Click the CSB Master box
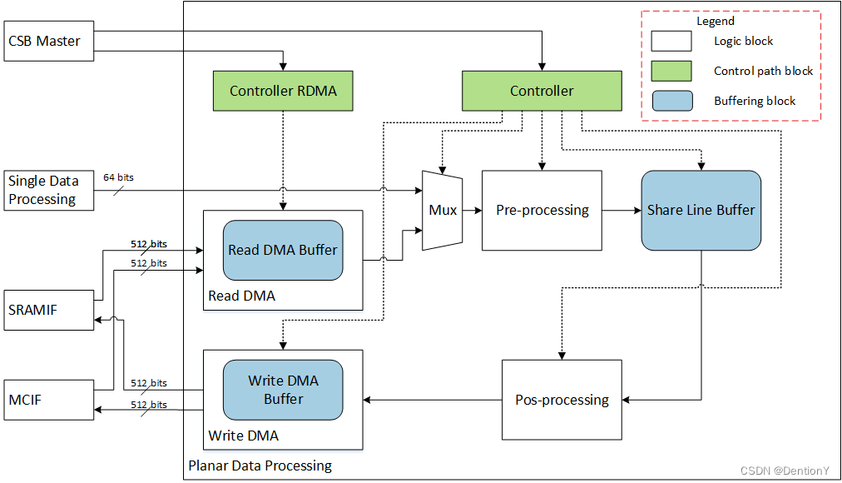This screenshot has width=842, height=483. tap(49, 41)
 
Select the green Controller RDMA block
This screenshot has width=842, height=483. tap(283, 91)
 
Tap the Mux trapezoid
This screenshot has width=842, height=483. tap(443, 211)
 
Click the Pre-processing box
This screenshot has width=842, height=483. tap(542, 211)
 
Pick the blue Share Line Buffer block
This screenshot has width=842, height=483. tap(701, 211)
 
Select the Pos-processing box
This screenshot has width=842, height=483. tap(562, 400)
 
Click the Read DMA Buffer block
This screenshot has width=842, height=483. tap(283, 250)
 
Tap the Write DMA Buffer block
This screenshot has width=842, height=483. tap(283, 390)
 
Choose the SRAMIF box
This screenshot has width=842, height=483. tap(49, 310)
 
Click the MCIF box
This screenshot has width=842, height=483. tap(49, 401)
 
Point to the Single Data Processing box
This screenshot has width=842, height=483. tap(49, 190)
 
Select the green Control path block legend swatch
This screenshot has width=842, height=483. tap(671, 71)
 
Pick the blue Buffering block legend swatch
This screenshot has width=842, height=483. tap(671, 101)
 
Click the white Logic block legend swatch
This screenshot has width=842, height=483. tap(671, 41)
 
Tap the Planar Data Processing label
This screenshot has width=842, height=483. tap(260, 466)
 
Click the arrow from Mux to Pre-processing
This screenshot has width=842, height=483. tap(472, 211)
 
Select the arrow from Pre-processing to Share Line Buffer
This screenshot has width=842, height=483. tap(621, 211)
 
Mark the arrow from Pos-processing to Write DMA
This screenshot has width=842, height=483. tap(432, 401)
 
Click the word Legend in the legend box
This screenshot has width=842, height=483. tap(715, 22)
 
